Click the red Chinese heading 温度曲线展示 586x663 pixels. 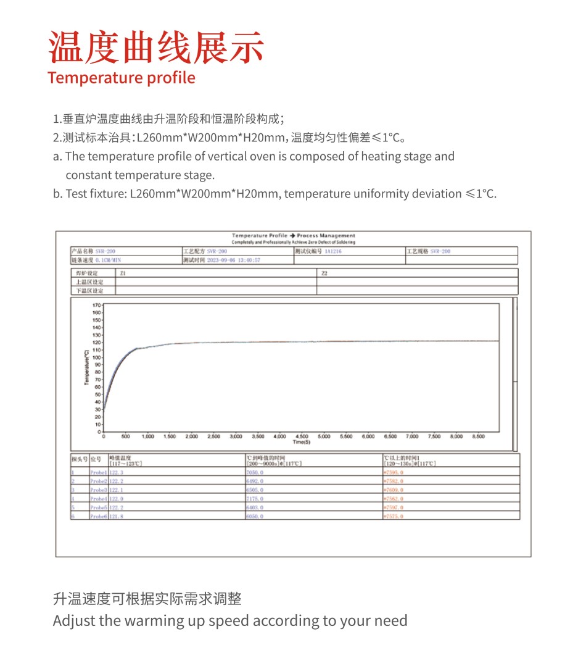coord(157,48)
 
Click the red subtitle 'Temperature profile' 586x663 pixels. coord(122,78)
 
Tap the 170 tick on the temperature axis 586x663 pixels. coord(96,305)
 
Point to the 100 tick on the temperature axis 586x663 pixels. coord(96,357)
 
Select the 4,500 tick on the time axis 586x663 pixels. coord(302,436)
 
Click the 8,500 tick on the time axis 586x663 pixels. coord(478,436)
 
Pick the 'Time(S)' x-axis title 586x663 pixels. coord(302,442)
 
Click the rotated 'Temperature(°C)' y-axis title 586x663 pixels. coord(87,368)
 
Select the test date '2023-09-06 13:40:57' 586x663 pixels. coord(233,261)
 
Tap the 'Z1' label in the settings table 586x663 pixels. coord(123,273)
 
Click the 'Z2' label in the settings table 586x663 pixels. coord(324,273)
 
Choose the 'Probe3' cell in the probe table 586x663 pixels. coord(99,489)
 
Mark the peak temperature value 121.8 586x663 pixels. coord(117,515)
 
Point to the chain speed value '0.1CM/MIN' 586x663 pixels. coord(108,261)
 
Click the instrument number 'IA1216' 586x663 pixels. coord(333,251)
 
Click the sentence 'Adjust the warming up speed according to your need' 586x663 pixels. coord(230,620)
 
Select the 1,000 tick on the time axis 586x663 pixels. coord(148,436)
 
